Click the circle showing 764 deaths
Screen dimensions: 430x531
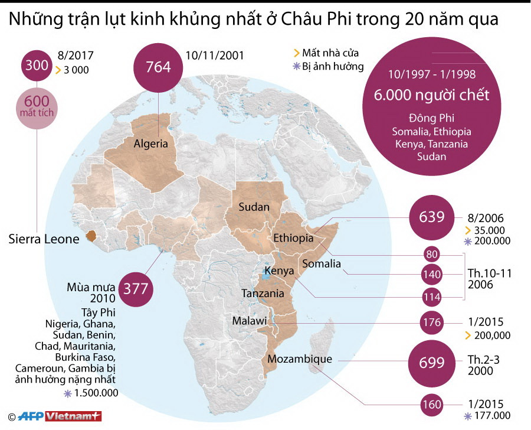(x=158, y=67)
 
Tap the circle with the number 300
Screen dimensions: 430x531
(x=37, y=66)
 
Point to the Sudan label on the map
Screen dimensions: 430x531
(x=254, y=207)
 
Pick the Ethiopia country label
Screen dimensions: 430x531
(x=293, y=238)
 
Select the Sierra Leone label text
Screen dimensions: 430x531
(x=44, y=239)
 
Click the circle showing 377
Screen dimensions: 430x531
(x=135, y=289)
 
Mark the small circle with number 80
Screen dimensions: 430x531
(x=431, y=255)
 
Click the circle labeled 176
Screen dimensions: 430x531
(x=431, y=322)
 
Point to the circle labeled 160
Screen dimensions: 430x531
(x=431, y=405)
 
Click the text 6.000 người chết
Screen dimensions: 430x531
(x=432, y=96)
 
